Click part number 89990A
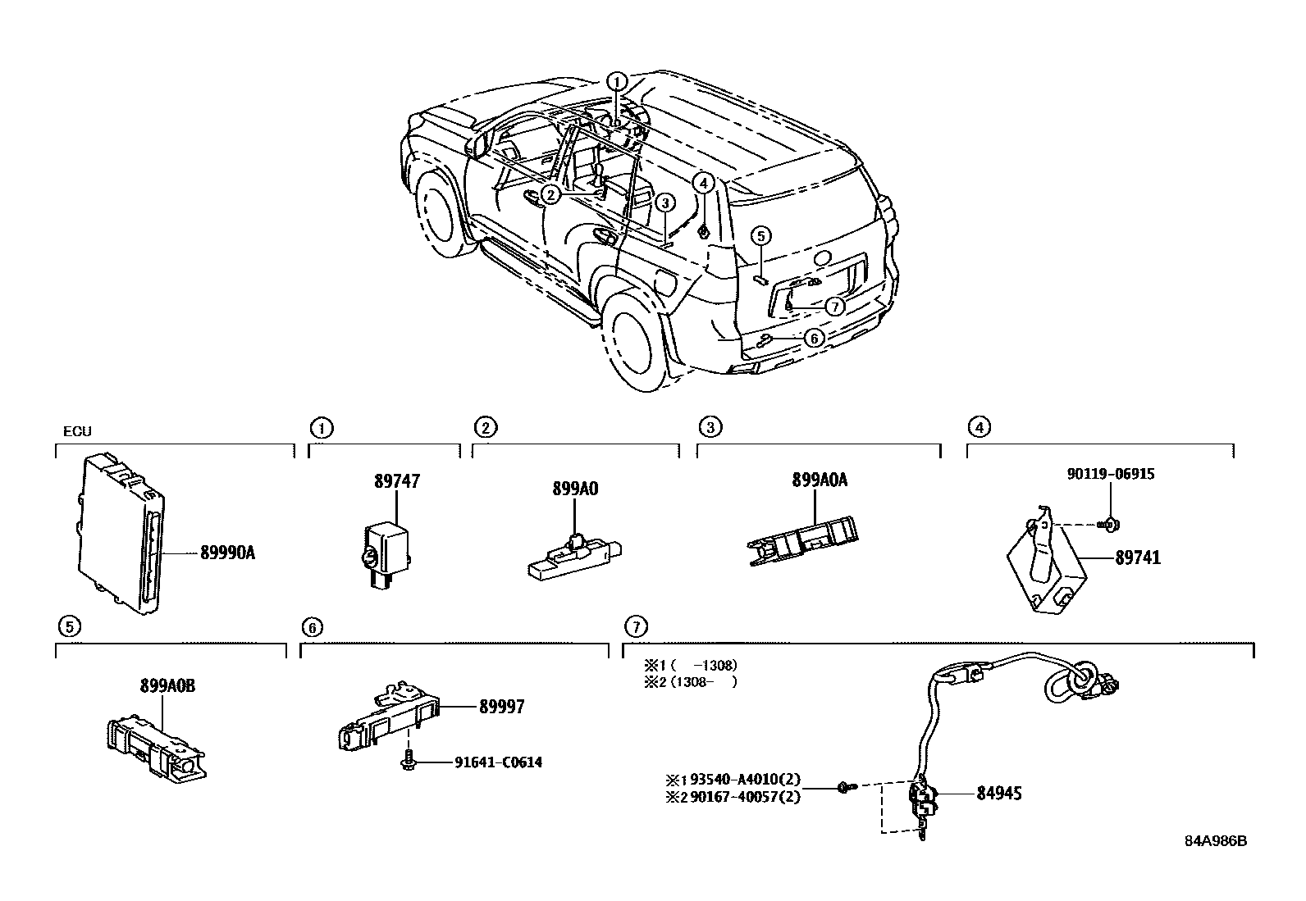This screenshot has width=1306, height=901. (227, 553)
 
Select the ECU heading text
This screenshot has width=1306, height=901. (77, 432)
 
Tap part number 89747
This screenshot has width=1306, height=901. (397, 481)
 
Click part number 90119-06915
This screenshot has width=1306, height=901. (1111, 474)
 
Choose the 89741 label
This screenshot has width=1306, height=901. (1138, 558)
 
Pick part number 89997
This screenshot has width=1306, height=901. (501, 706)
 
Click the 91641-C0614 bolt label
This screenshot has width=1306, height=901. (498, 762)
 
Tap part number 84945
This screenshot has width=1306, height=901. (999, 794)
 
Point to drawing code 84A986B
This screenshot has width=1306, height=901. (1215, 841)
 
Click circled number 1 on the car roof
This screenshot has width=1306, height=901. (617, 81)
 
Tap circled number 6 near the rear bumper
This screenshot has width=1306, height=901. (813, 338)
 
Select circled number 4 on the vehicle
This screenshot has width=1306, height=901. (703, 183)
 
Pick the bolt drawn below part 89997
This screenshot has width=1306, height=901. (407, 762)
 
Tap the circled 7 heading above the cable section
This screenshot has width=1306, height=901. (635, 627)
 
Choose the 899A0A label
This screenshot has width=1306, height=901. (820, 480)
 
